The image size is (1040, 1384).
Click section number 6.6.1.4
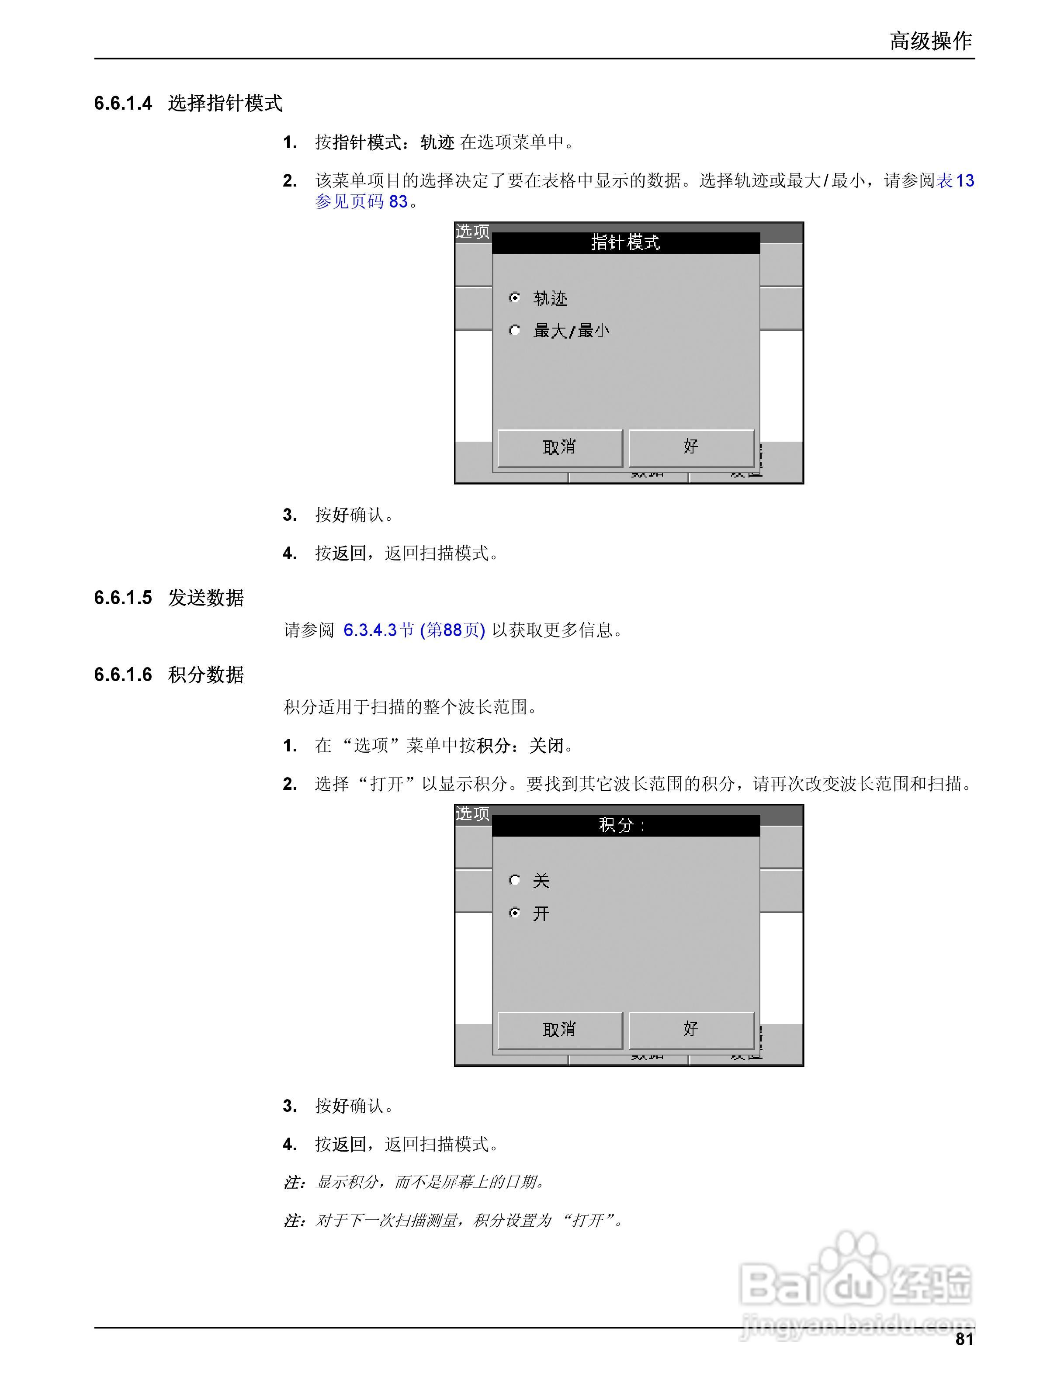click(x=123, y=103)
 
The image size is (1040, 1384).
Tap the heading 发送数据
click(x=205, y=598)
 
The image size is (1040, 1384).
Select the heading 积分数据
click(x=205, y=675)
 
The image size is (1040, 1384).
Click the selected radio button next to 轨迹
click(x=514, y=298)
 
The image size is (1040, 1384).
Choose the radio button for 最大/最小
click(x=514, y=330)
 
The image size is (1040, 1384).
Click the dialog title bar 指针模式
click(x=625, y=243)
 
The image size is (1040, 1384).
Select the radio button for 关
click(x=514, y=880)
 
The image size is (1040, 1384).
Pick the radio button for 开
click(x=514, y=913)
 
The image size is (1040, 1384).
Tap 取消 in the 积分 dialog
click(x=559, y=1029)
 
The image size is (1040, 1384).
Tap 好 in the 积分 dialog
click(x=691, y=1029)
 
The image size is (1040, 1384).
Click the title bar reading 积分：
click(x=625, y=825)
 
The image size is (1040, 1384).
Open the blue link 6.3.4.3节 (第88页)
click(x=414, y=630)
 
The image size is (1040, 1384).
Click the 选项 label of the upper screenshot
click(x=472, y=232)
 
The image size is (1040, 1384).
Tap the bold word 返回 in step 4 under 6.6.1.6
click(x=349, y=1144)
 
